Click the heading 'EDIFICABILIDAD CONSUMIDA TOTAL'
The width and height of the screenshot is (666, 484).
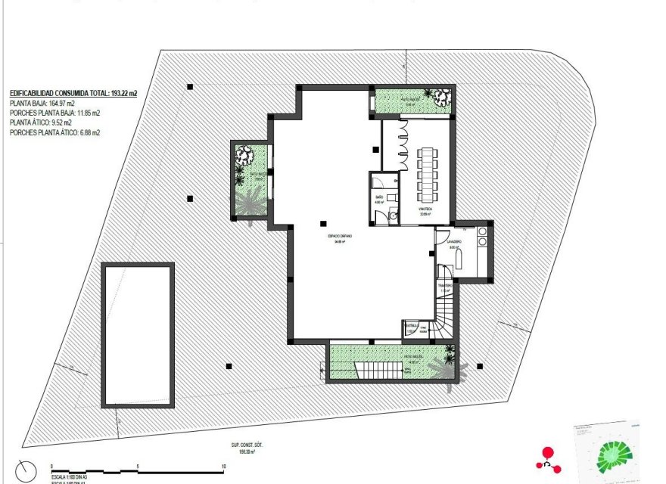[x=73, y=93]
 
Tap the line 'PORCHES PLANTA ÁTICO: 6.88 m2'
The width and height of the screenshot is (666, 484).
[x=54, y=132]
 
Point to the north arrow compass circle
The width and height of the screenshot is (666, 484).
[x=25, y=470]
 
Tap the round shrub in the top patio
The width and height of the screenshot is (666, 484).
[x=440, y=96]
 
